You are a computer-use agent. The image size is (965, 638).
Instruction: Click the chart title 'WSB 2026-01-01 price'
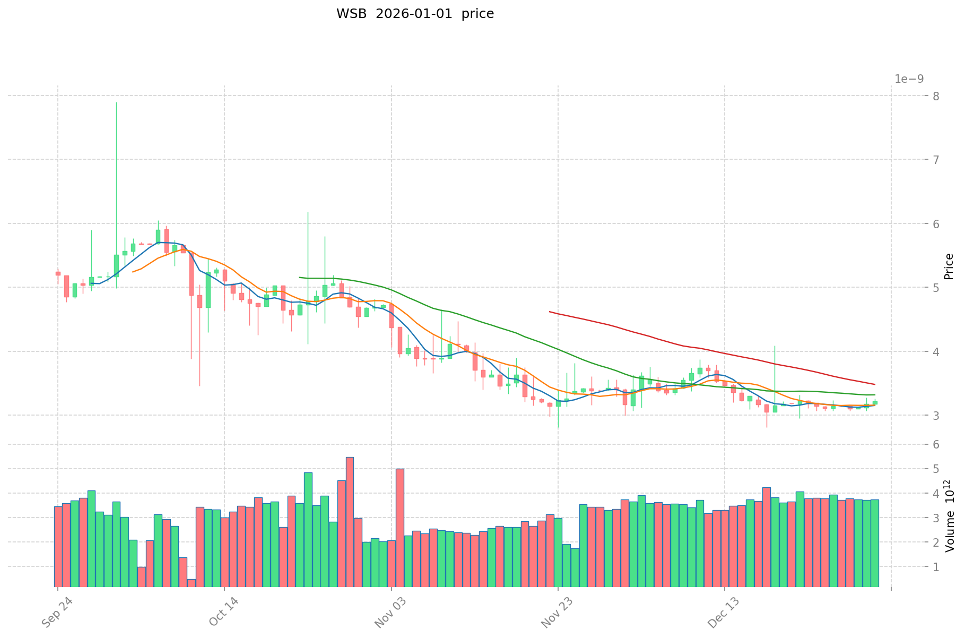pyautogui.click(x=415, y=14)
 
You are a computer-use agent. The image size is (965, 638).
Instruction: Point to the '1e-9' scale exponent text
pyautogui.click(x=909, y=79)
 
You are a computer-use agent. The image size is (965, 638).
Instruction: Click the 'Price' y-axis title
pyautogui.click(x=949, y=266)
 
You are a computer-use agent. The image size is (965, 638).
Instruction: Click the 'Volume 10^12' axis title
pyautogui.click(x=949, y=515)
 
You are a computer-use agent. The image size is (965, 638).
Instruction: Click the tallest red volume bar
pyautogui.click(x=350, y=520)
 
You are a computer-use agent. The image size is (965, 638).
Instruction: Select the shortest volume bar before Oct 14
pyautogui.click(x=191, y=583)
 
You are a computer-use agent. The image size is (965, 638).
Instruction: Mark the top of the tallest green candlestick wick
pyautogui.click(x=116, y=102)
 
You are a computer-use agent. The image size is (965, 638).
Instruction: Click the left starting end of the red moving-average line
pyautogui.click(x=550, y=312)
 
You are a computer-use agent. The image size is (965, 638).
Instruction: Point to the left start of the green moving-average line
pyautogui.click(x=300, y=278)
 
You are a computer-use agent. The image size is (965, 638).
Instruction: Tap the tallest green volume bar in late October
pyautogui.click(x=308, y=528)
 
